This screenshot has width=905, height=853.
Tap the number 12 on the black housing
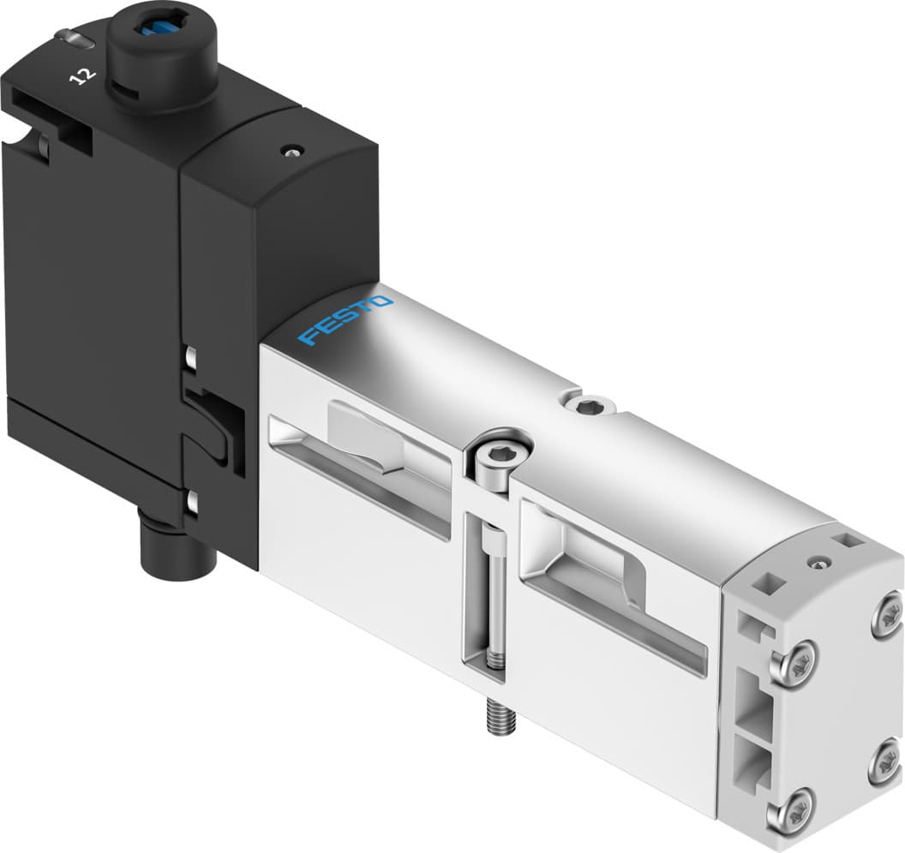(x=83, y=76)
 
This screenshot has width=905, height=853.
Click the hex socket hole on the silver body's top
(x=587, y=407)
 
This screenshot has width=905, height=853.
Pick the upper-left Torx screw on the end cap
(x=792, y=662)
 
